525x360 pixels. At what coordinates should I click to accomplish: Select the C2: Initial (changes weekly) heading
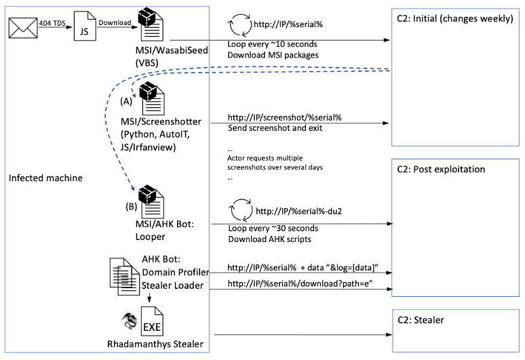tap(454, 18)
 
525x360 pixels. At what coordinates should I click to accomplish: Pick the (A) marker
tap(126, 100)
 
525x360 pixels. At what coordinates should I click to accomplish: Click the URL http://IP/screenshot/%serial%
tap(284, 117)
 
